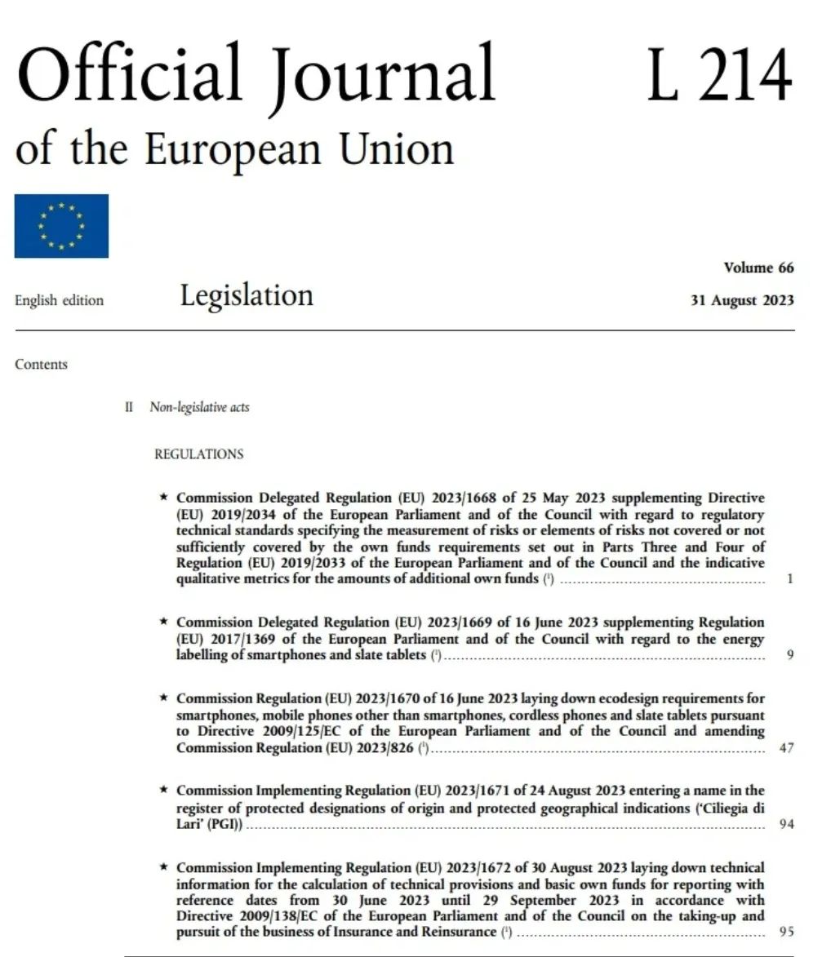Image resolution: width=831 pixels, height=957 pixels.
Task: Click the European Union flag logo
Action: point(61,226)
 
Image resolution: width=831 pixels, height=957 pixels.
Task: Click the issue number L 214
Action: point(719,75)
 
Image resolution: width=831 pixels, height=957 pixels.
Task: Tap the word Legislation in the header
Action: point(247,295)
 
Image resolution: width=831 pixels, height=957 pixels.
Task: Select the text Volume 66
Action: point(758,268)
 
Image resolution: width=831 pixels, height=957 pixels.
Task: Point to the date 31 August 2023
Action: point(742,300)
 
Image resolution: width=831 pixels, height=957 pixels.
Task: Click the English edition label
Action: point(60,300)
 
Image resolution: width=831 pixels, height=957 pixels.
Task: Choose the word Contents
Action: point(41,365)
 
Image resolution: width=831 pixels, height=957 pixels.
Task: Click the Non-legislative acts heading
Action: point(199,407)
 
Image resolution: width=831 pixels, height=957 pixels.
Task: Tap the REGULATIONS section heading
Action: point(198,454)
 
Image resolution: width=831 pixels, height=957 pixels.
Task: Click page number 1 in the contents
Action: point(789,579)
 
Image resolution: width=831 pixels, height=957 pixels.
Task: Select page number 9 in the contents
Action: point(789,654)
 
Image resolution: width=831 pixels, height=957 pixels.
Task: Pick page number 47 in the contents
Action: point(786,747)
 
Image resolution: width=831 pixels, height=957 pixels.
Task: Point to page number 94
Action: point(786,824)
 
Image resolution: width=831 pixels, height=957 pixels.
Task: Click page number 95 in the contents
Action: point(786,932)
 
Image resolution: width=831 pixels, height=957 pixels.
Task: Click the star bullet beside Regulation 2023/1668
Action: point(164,497)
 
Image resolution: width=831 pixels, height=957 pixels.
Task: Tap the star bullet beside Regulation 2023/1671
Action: point(164,791)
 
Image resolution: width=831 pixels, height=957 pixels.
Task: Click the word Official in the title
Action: point(130,75)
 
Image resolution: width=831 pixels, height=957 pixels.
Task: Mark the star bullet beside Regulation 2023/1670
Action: point(164,698)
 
